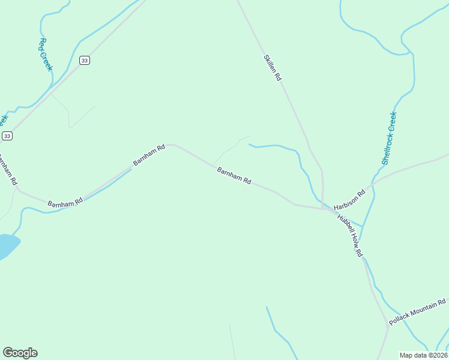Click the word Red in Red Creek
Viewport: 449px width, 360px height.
point(42,44)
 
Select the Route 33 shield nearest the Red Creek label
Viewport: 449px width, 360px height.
point(85,60)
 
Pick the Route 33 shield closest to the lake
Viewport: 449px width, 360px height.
point(7,136)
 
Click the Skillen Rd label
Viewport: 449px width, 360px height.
point(272,68)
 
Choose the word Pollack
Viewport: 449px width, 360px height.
point(400,317)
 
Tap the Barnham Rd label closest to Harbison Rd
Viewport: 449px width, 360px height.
point(234,176)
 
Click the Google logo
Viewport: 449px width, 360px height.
point(20,353)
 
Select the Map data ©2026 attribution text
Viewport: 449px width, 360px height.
point(424,355)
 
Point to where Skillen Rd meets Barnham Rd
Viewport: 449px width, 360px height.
point(322,208)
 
